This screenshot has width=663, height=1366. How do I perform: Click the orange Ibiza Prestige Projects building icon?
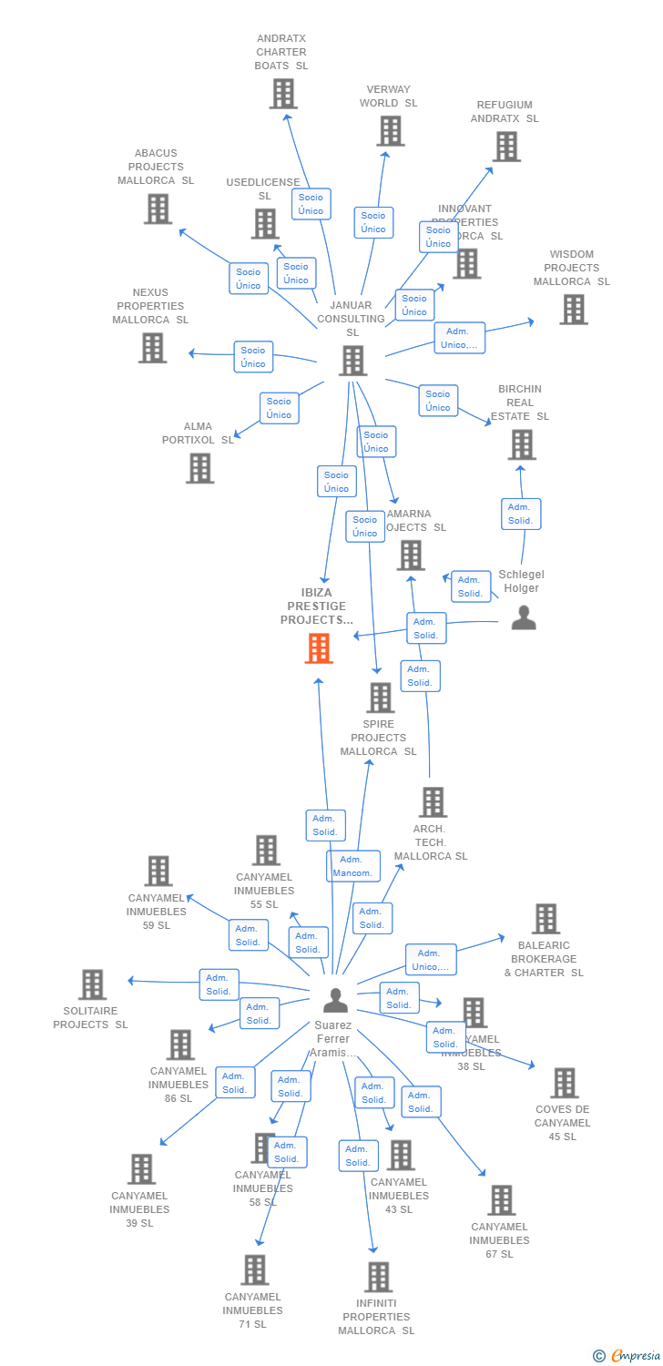319,648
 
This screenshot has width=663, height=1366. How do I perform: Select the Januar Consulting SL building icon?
352,361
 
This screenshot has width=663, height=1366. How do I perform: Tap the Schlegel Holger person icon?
524,618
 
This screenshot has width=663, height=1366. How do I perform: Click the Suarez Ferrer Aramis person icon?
336,1000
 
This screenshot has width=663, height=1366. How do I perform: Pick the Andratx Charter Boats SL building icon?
283,94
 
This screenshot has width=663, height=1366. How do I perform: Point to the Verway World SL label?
388,97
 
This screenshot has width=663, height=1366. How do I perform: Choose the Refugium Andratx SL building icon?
506,147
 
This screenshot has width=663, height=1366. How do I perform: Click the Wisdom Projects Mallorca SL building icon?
574,310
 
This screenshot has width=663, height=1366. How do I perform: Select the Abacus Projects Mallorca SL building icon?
158,209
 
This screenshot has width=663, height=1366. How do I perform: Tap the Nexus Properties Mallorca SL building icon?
152,348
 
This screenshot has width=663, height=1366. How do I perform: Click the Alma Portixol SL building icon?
200,468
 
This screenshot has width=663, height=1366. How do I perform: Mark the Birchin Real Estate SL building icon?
522,445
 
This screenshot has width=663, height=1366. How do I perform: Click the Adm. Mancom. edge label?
353,866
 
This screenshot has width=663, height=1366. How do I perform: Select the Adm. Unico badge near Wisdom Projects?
459,338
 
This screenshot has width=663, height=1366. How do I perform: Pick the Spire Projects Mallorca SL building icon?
380,698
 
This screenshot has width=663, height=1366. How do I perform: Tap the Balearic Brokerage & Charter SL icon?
546,919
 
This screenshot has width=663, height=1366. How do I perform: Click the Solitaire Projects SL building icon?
92,984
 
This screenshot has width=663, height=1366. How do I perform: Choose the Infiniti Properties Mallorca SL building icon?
379,1277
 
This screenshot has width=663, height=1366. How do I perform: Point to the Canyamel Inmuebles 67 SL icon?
501,1200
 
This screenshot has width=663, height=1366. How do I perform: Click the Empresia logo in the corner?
628,1355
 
